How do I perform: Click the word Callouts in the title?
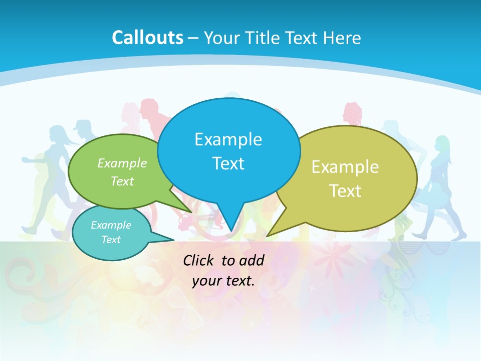(x=147, y=38)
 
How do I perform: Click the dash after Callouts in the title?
(x=193, y=38)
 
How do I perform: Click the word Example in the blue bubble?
(x=228, y=139)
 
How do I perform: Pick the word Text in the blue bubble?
(x=228, y=163)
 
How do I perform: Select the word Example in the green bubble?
(x=122, y=163)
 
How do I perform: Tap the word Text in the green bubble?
(x=122, y=181)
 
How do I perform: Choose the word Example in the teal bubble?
(x=111, y=225)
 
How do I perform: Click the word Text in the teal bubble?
(x=111, y=240)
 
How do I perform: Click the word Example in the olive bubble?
(x=345, y=167)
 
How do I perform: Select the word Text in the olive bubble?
(x=345, y=191)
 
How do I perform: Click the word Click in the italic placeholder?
(x=199, y=260)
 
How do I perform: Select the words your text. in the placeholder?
(x=223, y=281)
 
